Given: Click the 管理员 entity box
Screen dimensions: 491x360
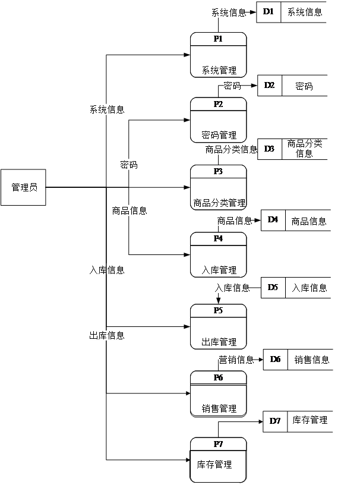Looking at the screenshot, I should pos(23,187).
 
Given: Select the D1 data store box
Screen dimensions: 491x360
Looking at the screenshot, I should pos(269,12).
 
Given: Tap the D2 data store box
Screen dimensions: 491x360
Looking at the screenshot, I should pos(270,86).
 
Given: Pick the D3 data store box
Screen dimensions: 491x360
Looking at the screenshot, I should pos(269,149).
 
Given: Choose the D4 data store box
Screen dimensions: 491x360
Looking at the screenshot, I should pos(273,220).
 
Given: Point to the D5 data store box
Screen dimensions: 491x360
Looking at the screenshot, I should pos(273,288).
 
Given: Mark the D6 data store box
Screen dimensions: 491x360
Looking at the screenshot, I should pos(276,359).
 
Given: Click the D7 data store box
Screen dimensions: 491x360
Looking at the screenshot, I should pos(275,421).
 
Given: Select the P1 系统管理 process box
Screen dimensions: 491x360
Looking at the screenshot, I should pos(218,55).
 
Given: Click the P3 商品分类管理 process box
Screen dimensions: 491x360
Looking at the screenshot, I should pos(218,187).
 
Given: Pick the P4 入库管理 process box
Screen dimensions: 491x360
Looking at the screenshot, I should pos(218,254).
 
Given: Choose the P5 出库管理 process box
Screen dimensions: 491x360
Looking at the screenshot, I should pos(218,326).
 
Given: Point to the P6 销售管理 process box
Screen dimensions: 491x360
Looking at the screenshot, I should pos(218,394).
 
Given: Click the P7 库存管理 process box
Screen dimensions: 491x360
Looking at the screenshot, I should pos(218,460).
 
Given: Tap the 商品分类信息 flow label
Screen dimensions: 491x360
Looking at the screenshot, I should pos(230,149).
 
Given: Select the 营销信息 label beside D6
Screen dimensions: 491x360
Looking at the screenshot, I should pos(235,360).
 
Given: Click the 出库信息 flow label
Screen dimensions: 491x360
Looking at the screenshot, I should pos(106,336).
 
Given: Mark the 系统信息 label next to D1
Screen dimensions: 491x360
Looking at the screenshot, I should pos(228,12).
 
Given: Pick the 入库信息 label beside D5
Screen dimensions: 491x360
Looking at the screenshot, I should pos(232,288).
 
